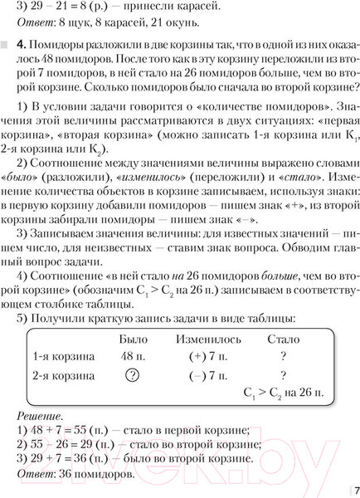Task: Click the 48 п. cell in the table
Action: pos(134,356)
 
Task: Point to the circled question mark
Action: pos(130,374)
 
